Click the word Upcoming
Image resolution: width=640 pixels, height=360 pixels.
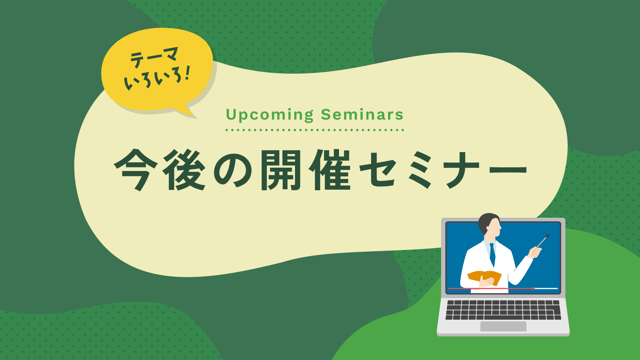click(x=270, y=115)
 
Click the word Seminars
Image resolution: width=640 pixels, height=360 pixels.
click(x=362, y=115)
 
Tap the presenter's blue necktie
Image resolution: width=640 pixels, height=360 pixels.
click(x=492, y=255)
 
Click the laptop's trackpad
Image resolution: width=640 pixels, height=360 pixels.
click(x=503, y=326)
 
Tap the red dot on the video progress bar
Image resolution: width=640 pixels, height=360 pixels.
click(x=533, y=288)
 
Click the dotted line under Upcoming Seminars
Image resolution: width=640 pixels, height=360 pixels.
click(x=315, y=130)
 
